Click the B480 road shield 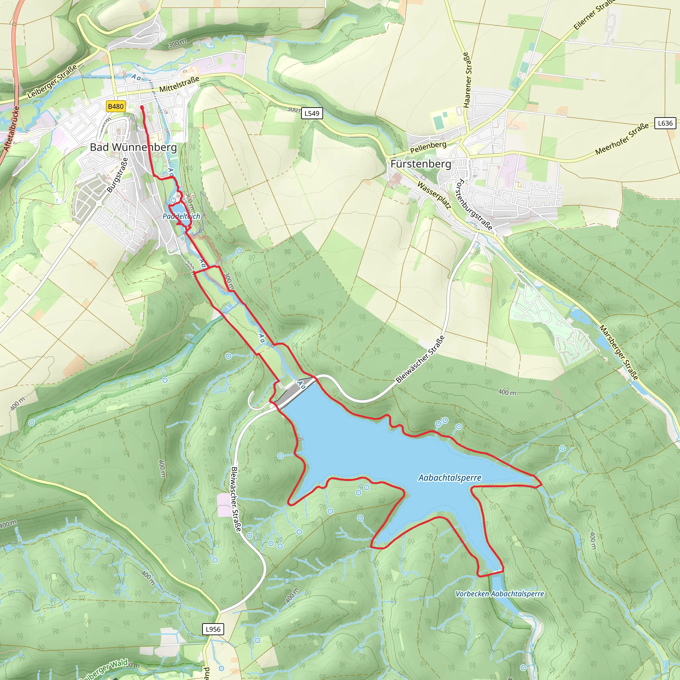(x=116, y=106)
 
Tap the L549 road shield (x=312, y=113)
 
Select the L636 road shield (x=665, y=123)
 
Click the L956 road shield (x=213, y=629)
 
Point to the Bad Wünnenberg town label (x=133, y=147)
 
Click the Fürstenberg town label (x=421, y=164)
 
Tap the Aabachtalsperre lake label (x=450, y=477)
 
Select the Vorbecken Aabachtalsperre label (x=499, y=594)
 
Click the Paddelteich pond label (x=181, y=216)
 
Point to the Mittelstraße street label (x=179, y=84)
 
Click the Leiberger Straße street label (x=52, y=82)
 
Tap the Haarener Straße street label (x=467, y=80)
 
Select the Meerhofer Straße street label (x=622, y=139)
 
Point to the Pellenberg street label (x=428, y=147)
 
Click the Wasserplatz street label (x=434, y=195)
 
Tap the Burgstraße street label (x=117, y=175)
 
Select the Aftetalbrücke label (x=12, y=129)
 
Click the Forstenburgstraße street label (x=474, y=205)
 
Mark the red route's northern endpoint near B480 (x=141, y=106)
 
